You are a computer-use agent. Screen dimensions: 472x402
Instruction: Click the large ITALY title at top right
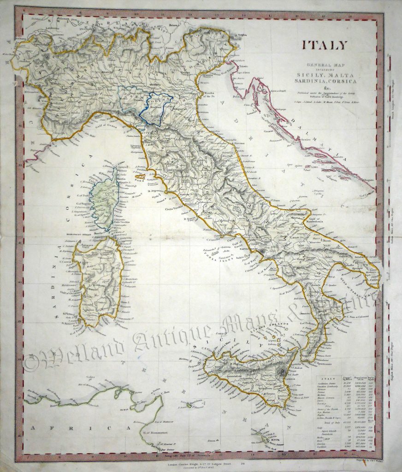point(325,45)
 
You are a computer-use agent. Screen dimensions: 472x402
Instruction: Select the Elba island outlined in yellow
point(138,176)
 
